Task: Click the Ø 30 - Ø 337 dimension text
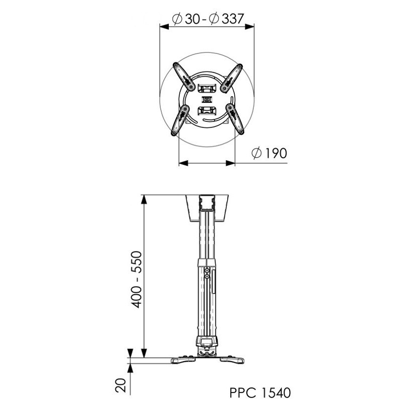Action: tap(208, 19)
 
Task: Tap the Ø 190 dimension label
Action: tap(269, 153)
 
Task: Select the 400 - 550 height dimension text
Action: tap(136, 280)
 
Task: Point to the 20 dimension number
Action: tap(121, 385)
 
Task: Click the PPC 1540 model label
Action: tap(260, 393)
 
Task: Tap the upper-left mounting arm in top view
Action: tap(183, 77)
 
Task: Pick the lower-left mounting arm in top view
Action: tap(180, 120)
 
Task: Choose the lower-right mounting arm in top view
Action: tap(235, 118)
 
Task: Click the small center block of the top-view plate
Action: tap(207, 99)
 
